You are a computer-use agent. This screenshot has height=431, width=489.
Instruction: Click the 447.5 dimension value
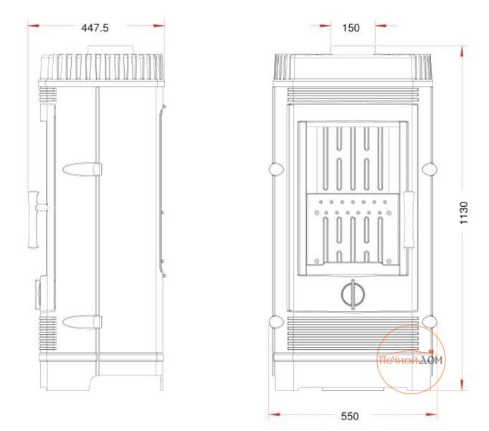click(x=95, y=28)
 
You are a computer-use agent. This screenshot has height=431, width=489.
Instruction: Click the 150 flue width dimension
click(x=351, y=28)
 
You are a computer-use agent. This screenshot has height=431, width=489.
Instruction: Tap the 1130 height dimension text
click(x=464, y=213)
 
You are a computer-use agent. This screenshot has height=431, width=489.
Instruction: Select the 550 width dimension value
click(x=350, y=417)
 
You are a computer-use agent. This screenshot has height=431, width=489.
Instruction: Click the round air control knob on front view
click(x=353, y=294)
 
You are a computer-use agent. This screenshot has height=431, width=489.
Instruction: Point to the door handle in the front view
click(x=409, y=220)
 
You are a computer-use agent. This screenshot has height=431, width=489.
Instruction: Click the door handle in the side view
click(x=35, y=219)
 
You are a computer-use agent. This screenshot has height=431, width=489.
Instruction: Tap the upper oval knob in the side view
click(x=82, y=169)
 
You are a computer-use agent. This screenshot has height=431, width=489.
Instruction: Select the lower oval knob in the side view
click(x=82, y=323)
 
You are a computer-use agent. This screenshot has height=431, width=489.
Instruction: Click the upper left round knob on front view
click(x=276, y=169)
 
